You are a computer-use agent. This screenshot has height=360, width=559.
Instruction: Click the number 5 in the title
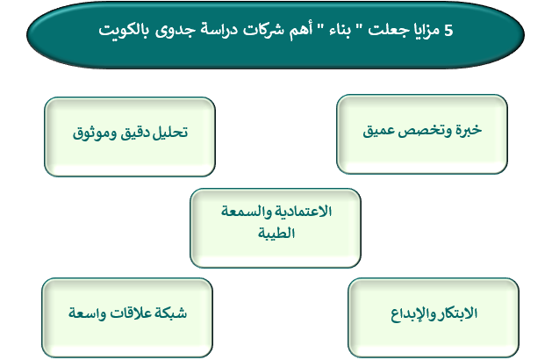pyautogui.click(x=448, y=31)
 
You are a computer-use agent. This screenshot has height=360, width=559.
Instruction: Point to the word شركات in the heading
pyautogui.click(x=264, y=30)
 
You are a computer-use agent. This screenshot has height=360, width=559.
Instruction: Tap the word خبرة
pyautogui.click(x=468, y=130)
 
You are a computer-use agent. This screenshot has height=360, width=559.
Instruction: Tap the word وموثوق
pyautogui.click(x=95, y=133)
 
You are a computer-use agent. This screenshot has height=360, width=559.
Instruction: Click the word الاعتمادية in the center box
pyautogui.click(x=302, y=212)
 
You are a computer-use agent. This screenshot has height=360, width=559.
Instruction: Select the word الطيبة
pyautogui.click(x=276, y=234)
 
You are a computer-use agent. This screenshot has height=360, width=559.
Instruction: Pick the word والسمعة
pyautogui.click(x=245, y=212)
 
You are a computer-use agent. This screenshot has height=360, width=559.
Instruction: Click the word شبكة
pyautogui.click(x=171, y=313)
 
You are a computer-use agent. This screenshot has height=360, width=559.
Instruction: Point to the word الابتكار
pyautogui.click(x=456, y=313)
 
